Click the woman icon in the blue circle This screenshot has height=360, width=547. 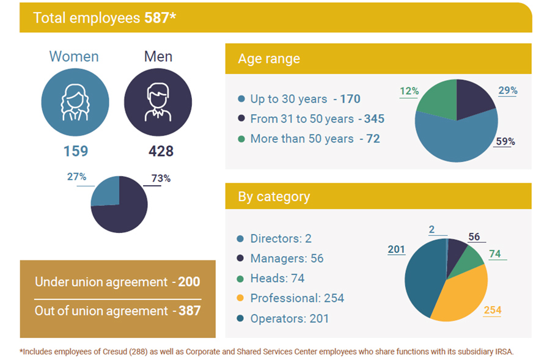click(x=75, y=102)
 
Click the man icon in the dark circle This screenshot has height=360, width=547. click(x=158, y=102)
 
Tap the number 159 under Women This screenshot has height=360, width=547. click(x=76, y=151)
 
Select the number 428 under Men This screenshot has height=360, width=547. click(x=161, y=151)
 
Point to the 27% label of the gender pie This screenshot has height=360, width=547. click(x=76, y=177)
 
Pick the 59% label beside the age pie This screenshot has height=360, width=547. click(x=505, y=141)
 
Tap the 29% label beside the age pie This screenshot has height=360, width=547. click(x=508, y=90)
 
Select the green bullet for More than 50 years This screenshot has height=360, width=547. click(x=241, y=139)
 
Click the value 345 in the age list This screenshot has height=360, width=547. click(x=374, y=119)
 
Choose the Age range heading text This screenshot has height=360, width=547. click(x=269, y=59)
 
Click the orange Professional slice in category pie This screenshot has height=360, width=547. click(x=460, y=296)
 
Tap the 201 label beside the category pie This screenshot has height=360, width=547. click(x=396, y=249)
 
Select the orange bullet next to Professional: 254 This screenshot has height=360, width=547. click(x=240, y=298)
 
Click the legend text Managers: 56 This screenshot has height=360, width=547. click(x=287, y=259)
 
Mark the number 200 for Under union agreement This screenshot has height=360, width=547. click(x=189, y=282)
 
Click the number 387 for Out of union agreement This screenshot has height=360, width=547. click(x=190, y=311)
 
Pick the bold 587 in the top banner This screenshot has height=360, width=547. click(x=157, y=18)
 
